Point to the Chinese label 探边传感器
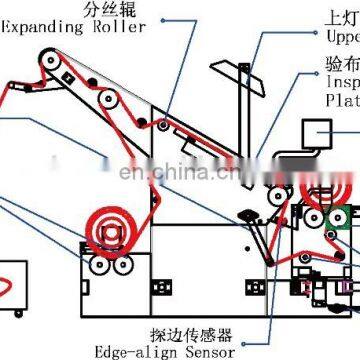tap(180, 332)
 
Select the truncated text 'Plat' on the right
tap(340, 100)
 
